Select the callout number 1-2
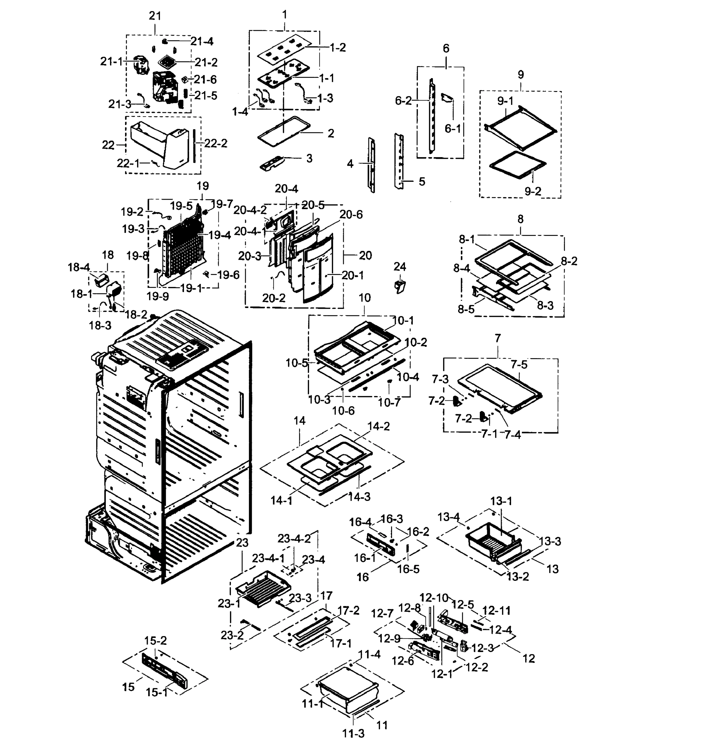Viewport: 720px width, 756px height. click(x=337, y=47)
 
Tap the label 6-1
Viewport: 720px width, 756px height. click(x=452, y=129)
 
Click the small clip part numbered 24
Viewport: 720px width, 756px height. click(x=400, y=286)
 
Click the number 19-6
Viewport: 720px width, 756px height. click(x=228, y=274)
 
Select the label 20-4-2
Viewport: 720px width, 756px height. click(x=250, y=209)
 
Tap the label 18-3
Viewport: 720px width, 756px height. click(x=100, y=325)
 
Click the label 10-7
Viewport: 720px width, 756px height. click(x=389, y=402)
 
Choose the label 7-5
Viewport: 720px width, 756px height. click(x=519, y=364)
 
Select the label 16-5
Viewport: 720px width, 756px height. click(x=408, y=569)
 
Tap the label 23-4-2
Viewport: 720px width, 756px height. click(x=294, y=538)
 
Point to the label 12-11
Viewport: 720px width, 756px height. click(x=496, y=610)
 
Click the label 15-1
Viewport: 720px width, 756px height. click(x=157, y=693)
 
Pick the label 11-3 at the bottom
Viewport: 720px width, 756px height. click(x=353, y=733)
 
